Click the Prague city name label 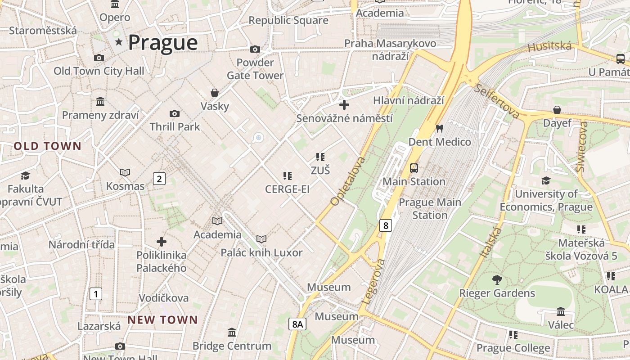click(x=163, y=43)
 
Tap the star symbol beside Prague click(x=119, y=42)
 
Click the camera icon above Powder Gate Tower click(x=255, y=49)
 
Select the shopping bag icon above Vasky click(x=215, y=93)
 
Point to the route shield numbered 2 click(x=159, y=179)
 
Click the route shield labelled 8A click(x=297, y=324)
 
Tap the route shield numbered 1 click(x=95, y=294)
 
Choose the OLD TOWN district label click(x=47, y=146)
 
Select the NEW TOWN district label click(x=162, y=320)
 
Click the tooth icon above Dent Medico click(x=440, y=128)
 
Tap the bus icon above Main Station click(x=414, y=168)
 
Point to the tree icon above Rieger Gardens click(x=497, y=280)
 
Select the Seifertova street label click(x=497, y=101)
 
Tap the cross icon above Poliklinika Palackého click(x=162, y=242)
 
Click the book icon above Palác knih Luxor click(x=261, y=239)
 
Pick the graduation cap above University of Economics click(x=546, y=181)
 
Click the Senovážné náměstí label click(x=344, y=118)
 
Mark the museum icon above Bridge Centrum click(x=232, y=333)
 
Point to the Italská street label click(x=490, y=243)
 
